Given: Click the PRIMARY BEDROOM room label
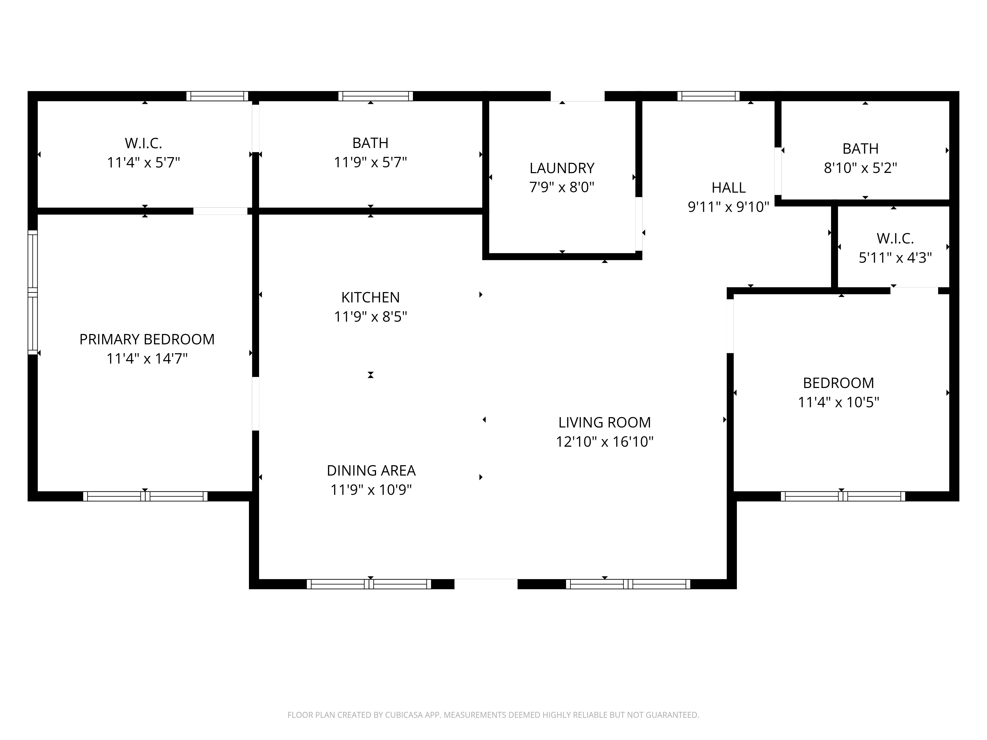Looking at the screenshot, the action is [147, 339].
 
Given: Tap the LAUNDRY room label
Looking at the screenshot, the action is [562, 168].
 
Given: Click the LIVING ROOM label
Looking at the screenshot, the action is [605, 422].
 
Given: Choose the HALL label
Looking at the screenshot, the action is [729, 188].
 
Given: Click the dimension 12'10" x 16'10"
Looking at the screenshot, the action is [605, 442].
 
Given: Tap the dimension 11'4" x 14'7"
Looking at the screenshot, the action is [147, 359].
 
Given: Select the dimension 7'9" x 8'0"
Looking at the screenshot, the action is [562, 187].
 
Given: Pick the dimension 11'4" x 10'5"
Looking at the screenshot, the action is [838, 402].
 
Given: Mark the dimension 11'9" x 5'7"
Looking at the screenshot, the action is [370, 162].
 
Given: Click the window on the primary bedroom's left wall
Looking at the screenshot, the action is [33, 292].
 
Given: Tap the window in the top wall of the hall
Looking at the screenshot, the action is [708, 96].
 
